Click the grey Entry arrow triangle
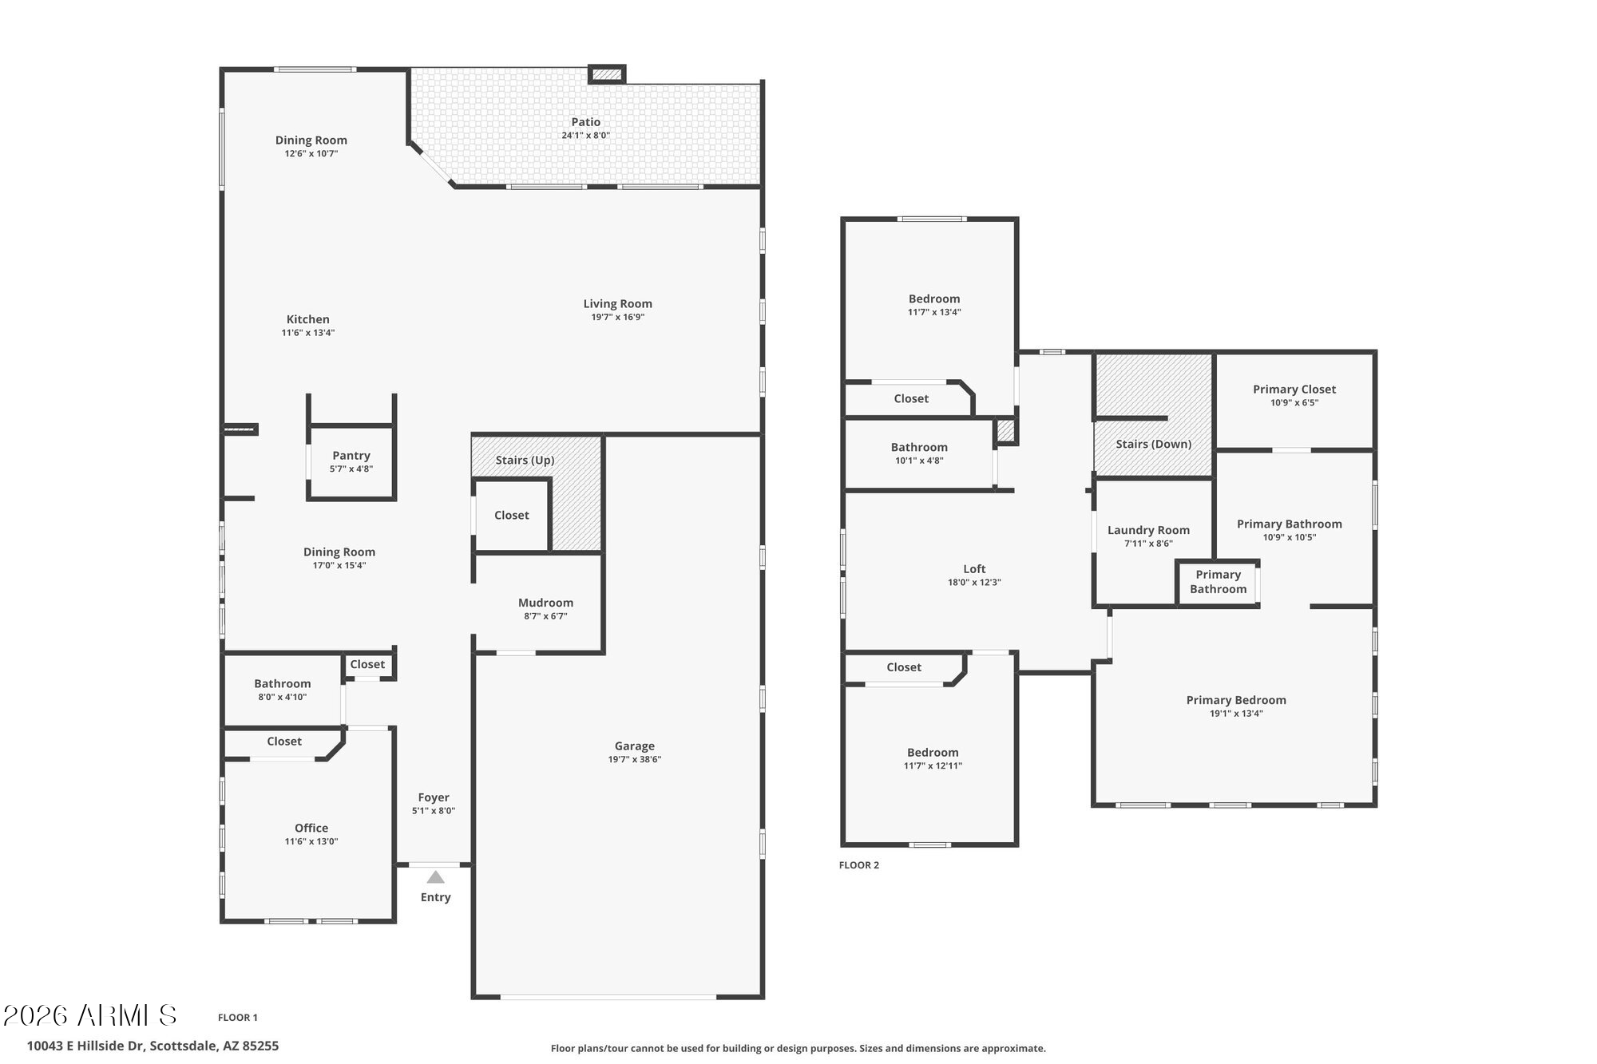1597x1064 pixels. (x=435, y=877)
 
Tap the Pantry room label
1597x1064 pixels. (x=351, y=456)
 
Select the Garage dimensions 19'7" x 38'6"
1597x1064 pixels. (x=634, y=759)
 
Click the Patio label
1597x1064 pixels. (x=585, y=122)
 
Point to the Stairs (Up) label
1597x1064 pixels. (x=525, y=460)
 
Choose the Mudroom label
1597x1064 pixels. (x=545, y=603)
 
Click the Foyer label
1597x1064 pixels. (x=434, y=797)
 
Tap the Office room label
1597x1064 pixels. (x=311, y=828)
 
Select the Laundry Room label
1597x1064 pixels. (x=1148, y=530)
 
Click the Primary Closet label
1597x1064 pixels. (x=1294, y=390)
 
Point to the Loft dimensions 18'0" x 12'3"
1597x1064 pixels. (x=974, y=583)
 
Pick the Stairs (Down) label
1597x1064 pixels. (x=1153, y=444)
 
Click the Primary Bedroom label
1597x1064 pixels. (x=1236, y=700)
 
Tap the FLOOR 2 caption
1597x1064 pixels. (x=858, y=865)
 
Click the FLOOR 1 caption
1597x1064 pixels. (x=238, y=1018)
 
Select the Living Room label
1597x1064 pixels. (x=617, y=303)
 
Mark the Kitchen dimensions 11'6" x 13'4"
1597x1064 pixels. (x=307, y=333)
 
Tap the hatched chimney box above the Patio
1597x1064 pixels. (x=607, y=74)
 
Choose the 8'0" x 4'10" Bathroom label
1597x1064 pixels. (x=282, y=684)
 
